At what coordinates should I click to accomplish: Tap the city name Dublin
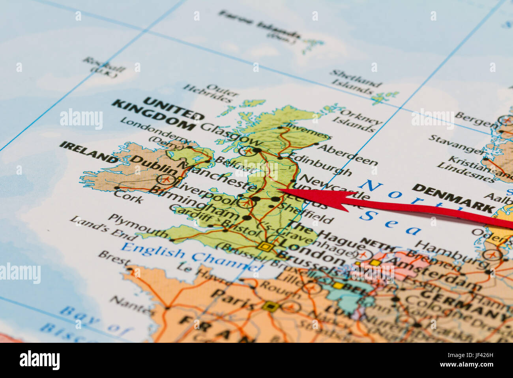tap(154, 164)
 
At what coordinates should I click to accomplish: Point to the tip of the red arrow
tap(280, 190)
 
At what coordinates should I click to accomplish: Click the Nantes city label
tap(126, 304)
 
